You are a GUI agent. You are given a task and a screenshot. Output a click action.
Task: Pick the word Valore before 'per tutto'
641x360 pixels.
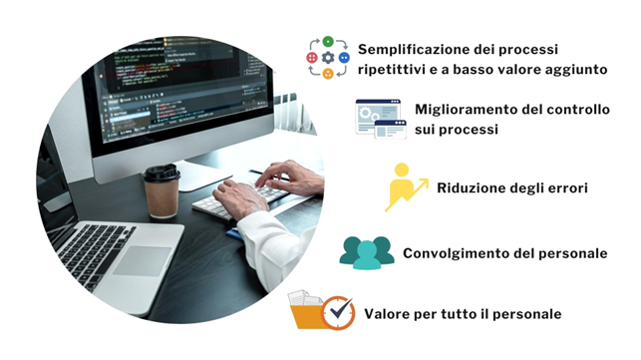tap(386, 314)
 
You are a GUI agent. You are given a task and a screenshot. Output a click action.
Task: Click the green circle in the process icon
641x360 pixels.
tap(328, 42)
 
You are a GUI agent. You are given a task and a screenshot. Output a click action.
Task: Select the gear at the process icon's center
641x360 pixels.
tap(328, 58)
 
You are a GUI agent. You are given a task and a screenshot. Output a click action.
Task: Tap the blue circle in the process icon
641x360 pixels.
tap(344, 58)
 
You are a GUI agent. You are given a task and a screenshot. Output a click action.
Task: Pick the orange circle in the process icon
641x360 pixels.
tap(328, 74)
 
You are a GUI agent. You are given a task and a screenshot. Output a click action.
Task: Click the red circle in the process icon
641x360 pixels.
tap(312, 58)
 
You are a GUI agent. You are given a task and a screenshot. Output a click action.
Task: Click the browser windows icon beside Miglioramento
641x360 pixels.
tap(381, 119)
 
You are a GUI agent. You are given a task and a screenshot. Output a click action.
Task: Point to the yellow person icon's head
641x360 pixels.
tap(402, 170)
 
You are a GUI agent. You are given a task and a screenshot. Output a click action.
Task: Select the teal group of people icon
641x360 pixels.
tap(367, 253)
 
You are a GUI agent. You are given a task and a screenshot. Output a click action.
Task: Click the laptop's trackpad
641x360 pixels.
tap(142, 261)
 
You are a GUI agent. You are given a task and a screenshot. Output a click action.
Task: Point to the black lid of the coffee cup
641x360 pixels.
tap(161, 173)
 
